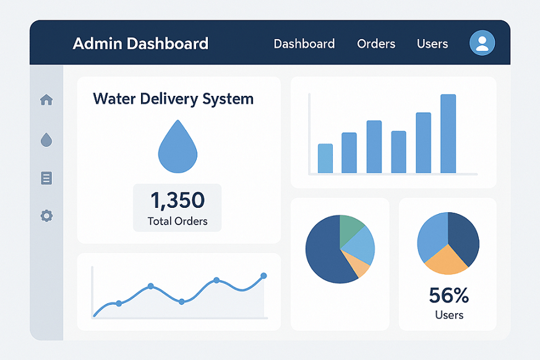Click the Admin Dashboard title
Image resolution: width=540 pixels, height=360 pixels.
click(x=140, y=44)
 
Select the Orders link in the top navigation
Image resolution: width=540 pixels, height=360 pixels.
click(x=376, y=44)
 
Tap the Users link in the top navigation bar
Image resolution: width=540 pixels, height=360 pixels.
click(x=432, y=44)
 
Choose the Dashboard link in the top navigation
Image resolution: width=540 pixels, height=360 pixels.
click(x=304, y=44)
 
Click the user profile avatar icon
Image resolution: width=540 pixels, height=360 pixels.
click(x=482, y=43)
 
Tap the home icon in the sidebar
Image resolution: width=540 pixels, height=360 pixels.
click(x=46, y=100)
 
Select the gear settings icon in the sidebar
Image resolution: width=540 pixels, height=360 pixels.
click(x=46, y=216)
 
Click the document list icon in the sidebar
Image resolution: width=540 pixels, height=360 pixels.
click(x=46, y=178)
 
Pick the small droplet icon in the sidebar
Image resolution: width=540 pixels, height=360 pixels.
click(x=46, y=140)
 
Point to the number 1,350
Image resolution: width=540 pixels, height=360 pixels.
click(x=178, y=200)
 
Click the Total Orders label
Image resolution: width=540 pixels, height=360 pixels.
click(x=178, y=221)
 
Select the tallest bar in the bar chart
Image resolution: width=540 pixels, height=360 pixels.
click(x=448, y=134)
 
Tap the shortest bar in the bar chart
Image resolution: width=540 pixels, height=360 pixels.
click(x=325, y=158)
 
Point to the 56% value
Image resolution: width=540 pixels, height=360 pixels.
click(x=449, y=296)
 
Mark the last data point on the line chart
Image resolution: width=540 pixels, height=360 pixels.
click(x=264, y=275)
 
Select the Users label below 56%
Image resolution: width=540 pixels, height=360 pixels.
click(x=449, y=315)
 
